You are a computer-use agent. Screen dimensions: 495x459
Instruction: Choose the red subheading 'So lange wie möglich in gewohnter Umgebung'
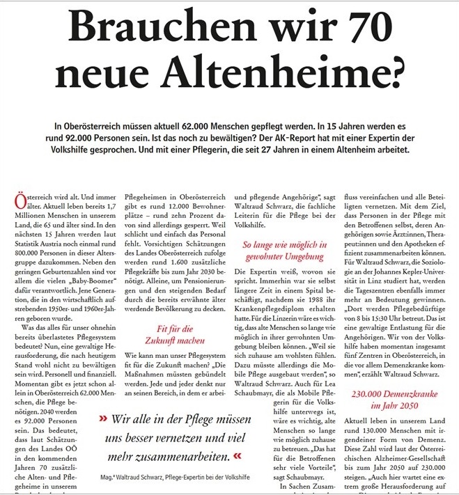(x=284, y=251)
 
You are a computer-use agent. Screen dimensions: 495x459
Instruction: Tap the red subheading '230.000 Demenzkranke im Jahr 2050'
(x=399, y=399)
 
